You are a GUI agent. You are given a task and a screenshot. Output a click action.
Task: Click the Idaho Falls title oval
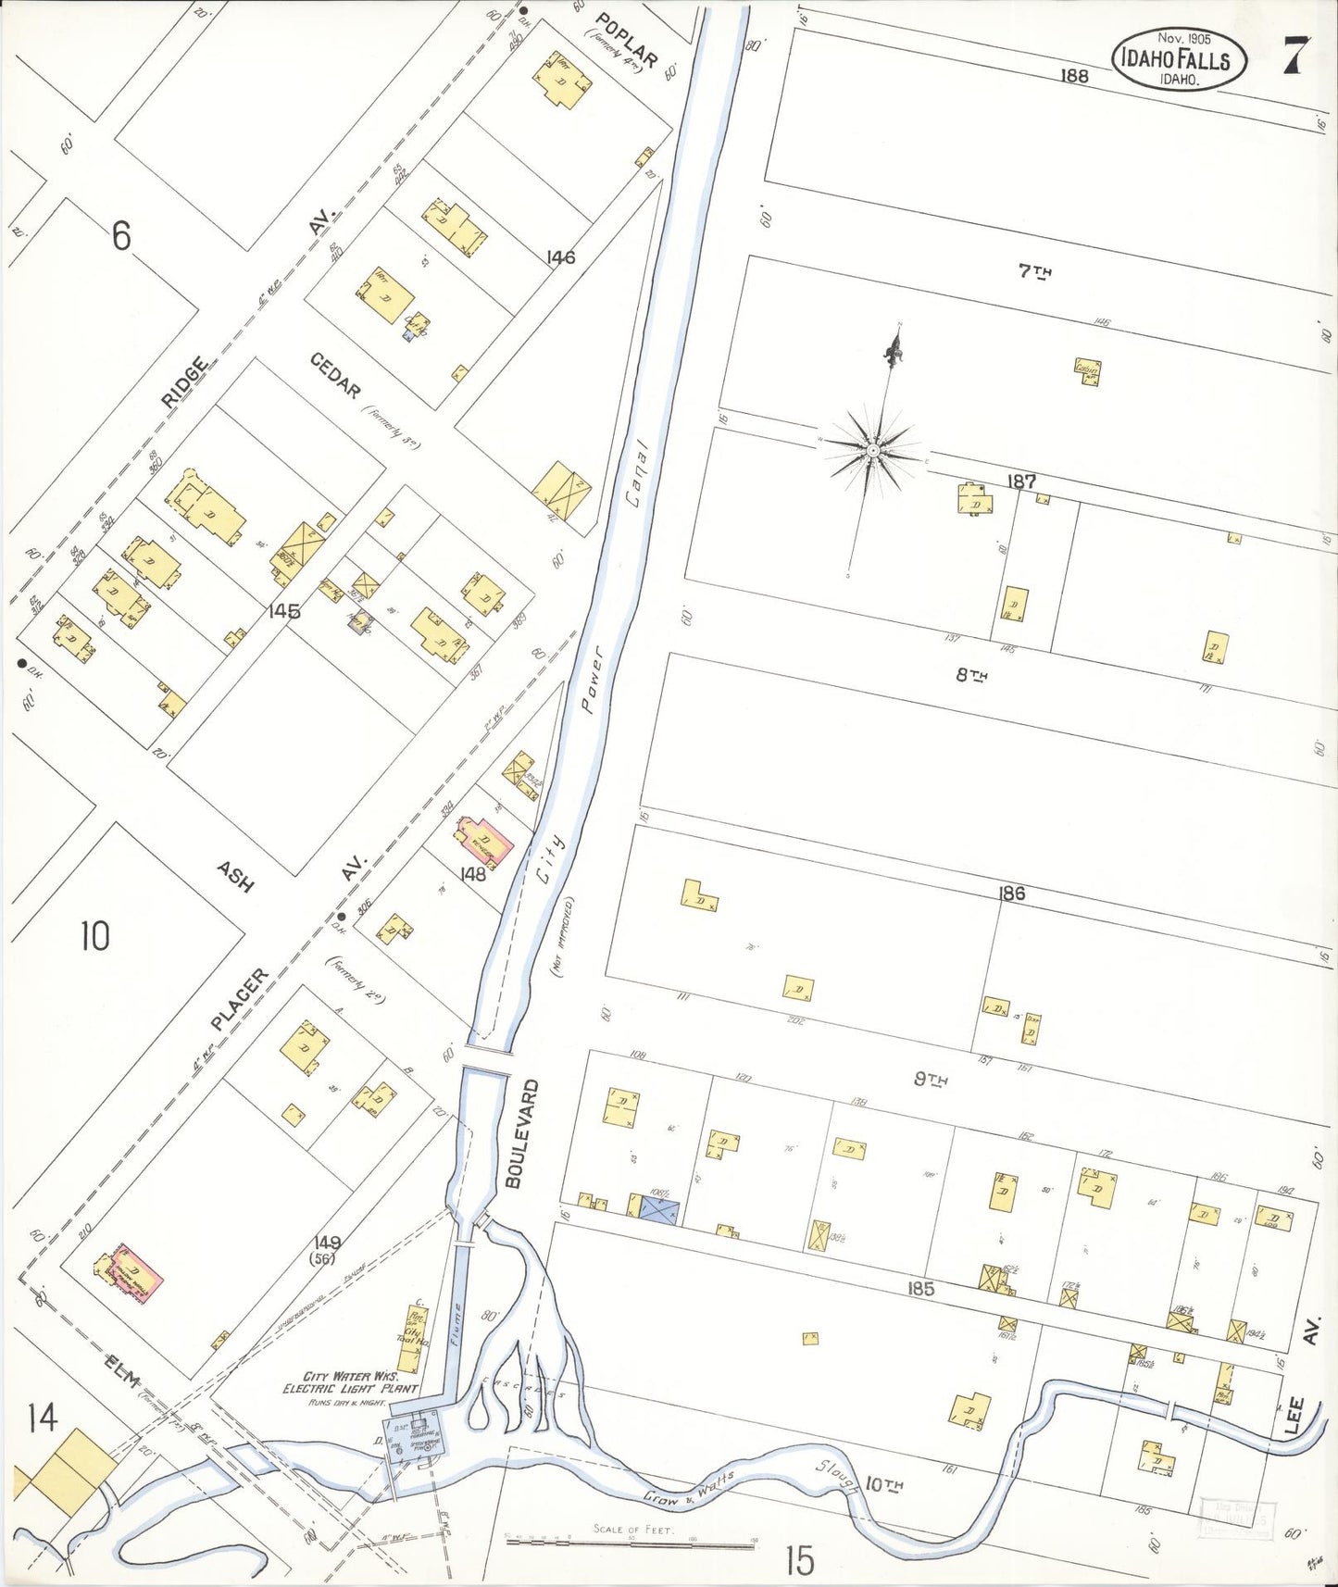[1179, 59]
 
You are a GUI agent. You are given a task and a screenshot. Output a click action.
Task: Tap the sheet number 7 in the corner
[1294, 58]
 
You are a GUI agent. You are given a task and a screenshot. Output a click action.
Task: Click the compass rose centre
[872, 450]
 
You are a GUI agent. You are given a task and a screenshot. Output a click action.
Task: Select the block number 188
[1074, 77]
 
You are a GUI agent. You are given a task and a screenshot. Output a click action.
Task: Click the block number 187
[1022, 481]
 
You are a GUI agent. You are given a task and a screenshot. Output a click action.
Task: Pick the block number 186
[1011, 893]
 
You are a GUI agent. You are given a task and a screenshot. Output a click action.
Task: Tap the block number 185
[920, 1288]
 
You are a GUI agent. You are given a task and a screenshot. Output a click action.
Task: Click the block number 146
[561, 256]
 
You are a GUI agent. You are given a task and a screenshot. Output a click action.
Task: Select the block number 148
[473, 873]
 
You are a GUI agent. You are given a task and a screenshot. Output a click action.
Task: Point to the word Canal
[635, 484]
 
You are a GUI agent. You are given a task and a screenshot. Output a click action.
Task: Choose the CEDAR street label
[334, 375]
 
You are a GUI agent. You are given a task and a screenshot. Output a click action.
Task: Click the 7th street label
[1035, 271]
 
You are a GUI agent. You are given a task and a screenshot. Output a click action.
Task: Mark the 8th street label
[970, 676]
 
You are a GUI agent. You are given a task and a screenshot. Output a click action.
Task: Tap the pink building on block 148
[484, 843]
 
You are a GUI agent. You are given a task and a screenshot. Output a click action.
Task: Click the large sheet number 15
[800, 1561]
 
